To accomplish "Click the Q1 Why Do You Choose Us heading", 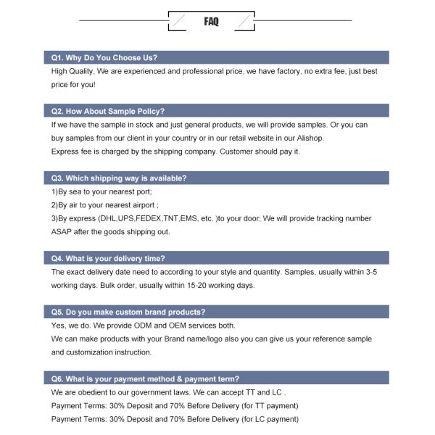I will [104, 57].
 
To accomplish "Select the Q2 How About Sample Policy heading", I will [108, 111].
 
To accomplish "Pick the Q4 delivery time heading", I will [108, 258].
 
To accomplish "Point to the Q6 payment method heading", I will [145, 378].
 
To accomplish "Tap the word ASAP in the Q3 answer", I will [62, 232].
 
